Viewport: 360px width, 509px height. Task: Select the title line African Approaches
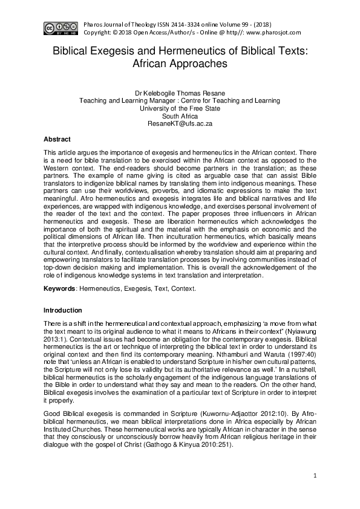coord(180,63)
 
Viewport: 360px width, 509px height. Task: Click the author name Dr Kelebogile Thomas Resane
coord(180,94)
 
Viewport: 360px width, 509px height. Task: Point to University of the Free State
coord(180,108)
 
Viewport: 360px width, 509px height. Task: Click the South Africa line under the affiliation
coord(180,115)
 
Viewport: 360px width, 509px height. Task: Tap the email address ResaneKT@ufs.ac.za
coord(180,123)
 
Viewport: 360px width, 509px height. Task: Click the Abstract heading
coord(57,140)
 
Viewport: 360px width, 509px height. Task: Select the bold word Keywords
coord(59,289)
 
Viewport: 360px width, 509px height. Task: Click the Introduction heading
coord(62,310)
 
